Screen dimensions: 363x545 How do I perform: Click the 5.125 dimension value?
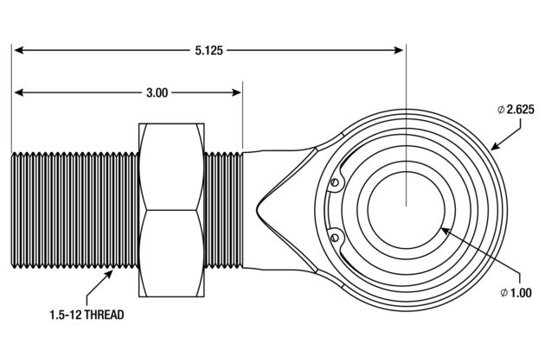[x=208, y=51]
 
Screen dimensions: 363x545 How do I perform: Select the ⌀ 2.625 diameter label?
[x=519, y=109]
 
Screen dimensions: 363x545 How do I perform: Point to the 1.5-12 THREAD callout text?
[x=87, y=315]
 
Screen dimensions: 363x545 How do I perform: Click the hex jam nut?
[x=171, y=209]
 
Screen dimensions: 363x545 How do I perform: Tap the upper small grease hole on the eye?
[x=334, y=182]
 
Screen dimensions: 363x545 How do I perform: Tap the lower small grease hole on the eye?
[x=334, y=235]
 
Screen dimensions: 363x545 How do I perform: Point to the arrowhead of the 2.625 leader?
[x=494, y=147]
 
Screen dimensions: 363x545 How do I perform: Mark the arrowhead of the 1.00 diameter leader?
[x=444, y=230]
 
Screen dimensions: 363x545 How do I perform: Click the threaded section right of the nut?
[x=223, y=209]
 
